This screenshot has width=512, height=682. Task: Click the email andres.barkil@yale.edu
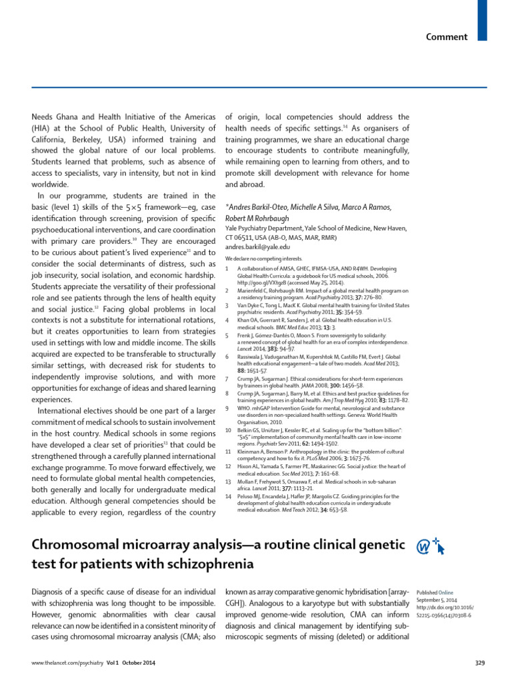point(257,246)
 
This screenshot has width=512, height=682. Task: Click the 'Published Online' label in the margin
point(435,591)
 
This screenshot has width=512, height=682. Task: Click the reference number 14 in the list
point(229,496)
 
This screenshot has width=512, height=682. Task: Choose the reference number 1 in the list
point(228,268)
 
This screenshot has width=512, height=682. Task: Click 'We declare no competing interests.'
point(263,258)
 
